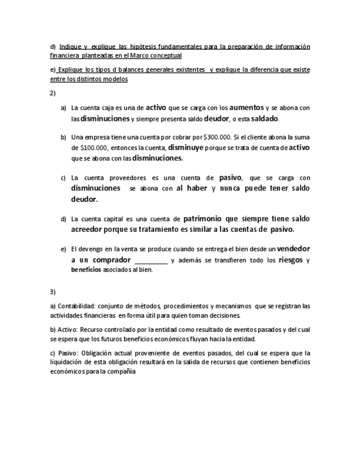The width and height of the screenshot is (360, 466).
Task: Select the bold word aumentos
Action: (x=246, y=108)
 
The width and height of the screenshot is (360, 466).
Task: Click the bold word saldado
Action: (x=264, y=119)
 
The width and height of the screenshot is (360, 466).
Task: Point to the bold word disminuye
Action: (x=186, y=147)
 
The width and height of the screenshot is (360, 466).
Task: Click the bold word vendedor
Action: (x=293, y=248)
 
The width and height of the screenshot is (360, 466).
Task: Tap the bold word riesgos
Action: (x=291, y=260)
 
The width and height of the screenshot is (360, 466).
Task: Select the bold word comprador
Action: (x=112, y=260)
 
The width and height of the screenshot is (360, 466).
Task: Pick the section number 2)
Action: (x=53, y=93)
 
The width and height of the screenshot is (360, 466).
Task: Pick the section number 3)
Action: (x=53, y=292)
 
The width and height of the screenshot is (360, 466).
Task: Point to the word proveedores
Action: (x=127, y=178)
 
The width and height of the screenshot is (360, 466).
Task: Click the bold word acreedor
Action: (x=90, y=229)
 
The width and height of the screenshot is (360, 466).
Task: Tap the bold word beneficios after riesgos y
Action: (x=86, y=270)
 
